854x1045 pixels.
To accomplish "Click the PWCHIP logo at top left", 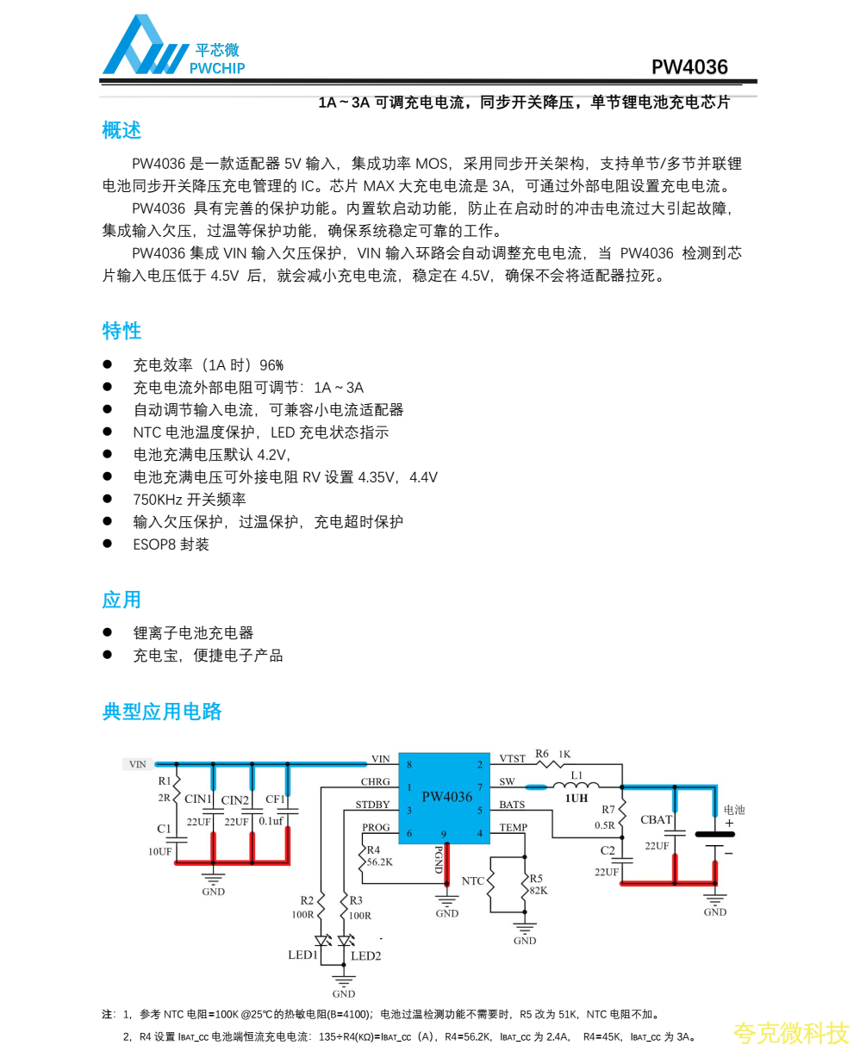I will point(172,47).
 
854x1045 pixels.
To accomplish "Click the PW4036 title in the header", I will point(689,67).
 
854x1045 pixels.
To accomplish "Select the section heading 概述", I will point(122,131).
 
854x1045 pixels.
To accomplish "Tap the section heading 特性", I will point(122,331).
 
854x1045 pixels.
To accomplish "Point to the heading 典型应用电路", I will point(162,712).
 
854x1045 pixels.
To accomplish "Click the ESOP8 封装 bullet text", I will point(171,544).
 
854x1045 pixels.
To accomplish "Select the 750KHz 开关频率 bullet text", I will point(189,500).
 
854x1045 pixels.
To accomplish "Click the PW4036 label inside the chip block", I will point(446,797).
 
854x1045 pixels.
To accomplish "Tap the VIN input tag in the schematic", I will point(138,764).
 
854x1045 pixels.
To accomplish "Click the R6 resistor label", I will point(542,754).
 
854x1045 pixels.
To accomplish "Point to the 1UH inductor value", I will point(577,799).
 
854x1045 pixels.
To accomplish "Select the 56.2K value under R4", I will point(380,862).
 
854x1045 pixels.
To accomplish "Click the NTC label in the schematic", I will point(472,881).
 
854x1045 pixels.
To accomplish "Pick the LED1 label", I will point(302,955).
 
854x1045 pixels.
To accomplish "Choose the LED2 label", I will point(365,955).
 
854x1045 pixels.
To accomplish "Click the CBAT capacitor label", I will point(656,820).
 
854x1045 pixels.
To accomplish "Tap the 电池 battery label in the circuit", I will point(733,810).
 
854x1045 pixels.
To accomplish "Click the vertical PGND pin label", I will point(439,860).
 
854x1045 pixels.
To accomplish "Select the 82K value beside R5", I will point(539,891).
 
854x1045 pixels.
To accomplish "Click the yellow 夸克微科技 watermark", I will point(790,1031).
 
